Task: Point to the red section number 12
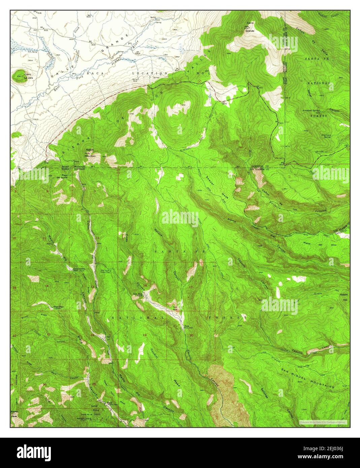(97, 238)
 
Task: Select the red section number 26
(44, 385)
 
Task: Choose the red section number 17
(191, 287)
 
